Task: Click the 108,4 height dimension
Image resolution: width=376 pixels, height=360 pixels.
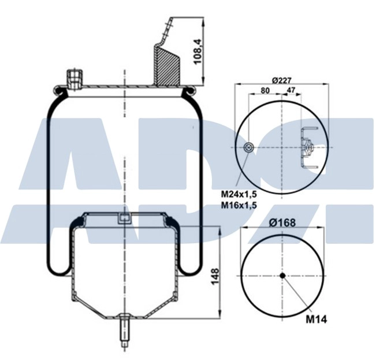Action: tap(198, 53)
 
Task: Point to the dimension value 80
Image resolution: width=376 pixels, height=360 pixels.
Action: tap(265, 91)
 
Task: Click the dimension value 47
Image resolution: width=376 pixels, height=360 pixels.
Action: tap(292, 91)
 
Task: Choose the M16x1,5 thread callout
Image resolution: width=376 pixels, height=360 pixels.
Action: tap(238, 205)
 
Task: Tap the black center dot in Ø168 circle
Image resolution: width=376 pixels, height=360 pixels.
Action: tap(282, 275)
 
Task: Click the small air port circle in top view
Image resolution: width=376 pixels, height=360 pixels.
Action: tap(248, 147)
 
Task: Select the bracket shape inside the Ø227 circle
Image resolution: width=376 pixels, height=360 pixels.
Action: tap(307, 148)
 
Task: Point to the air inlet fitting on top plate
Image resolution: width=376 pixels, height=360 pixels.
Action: tap(75, 78)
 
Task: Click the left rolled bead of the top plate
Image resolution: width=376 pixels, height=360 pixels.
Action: tap(58, 90)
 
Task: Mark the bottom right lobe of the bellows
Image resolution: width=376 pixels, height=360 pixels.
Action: tap(191, 266)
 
